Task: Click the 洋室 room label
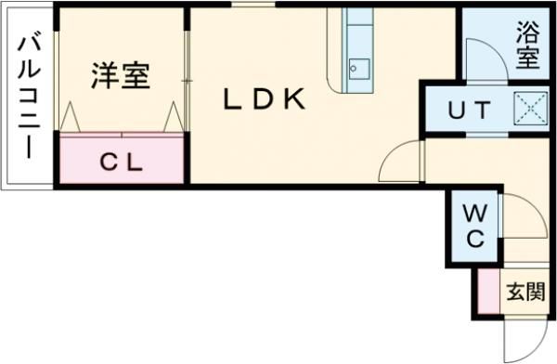point(120,77)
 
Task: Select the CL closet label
point(122,162)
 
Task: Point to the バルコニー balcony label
point(27,94)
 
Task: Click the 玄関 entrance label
point(525,292)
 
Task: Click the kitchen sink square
point(357,69)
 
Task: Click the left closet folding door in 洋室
point(71,117)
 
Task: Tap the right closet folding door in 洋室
point(173,117)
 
